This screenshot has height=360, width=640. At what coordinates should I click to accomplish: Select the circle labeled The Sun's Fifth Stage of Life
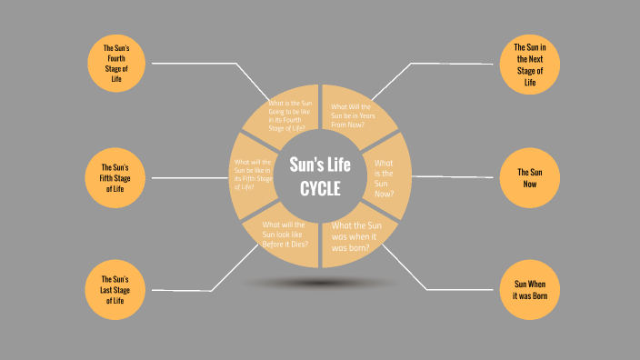point(115,177)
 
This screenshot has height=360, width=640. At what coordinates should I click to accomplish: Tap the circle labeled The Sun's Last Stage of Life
point(115,288)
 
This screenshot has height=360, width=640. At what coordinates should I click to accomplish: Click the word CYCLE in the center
point(320,189)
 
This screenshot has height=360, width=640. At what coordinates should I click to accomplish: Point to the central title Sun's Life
point(320,165)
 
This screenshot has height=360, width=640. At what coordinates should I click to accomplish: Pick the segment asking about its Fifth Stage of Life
point(255,175)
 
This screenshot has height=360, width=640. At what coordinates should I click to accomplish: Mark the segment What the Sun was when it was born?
point(357,235)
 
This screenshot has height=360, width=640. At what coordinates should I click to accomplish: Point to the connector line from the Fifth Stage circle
point(186,177)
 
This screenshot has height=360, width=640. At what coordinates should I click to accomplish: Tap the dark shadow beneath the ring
point(320,283)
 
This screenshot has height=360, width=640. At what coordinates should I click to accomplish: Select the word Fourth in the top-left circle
point(116,58)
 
